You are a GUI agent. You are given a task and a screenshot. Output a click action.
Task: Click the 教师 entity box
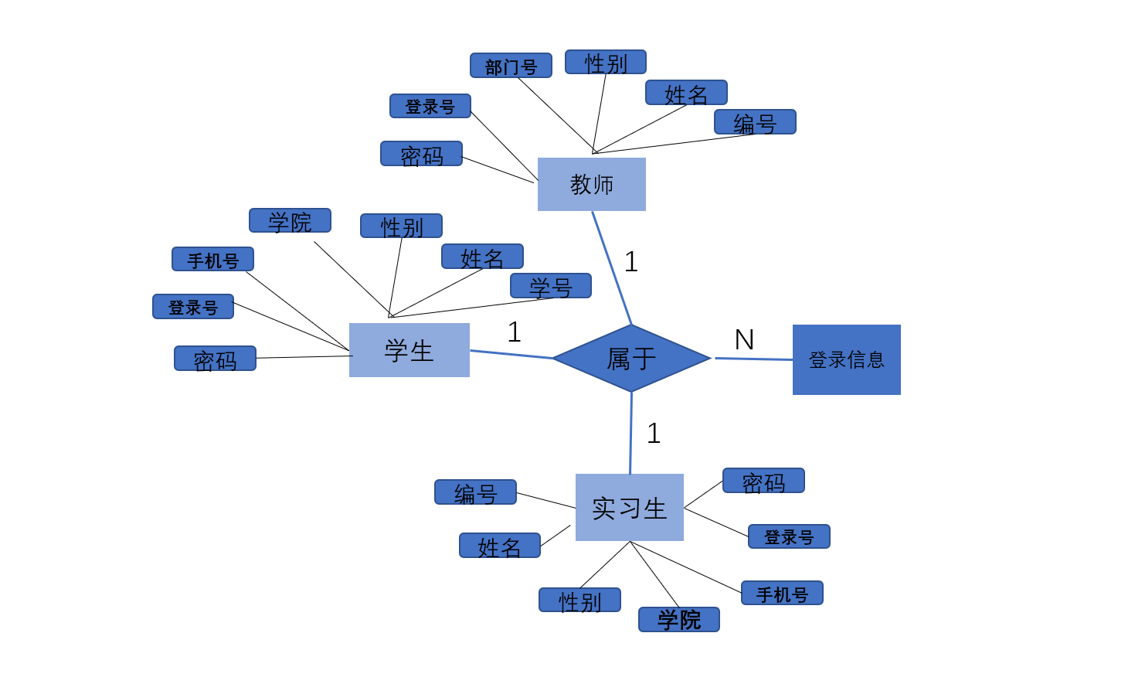pyautogui.click(x=591, y=184)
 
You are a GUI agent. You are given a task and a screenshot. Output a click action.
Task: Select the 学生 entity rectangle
pyautogui.click(x=409, y=350)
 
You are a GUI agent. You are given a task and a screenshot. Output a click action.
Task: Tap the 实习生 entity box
pyautogui.click(x=629, y=507)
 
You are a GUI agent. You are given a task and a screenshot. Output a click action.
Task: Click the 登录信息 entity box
pyautogui.click(x=846, y=359)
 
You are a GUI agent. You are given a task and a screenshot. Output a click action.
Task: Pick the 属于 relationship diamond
pyautogui.click(x=631, y=358)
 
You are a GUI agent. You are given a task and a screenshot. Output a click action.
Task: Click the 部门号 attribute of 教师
pyautogui.click(x=511, y=66)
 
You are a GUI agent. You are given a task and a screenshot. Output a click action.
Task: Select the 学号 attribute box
pyautogui.click(x=550, y=286)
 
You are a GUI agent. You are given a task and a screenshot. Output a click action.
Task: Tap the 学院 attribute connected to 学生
pyautogui.click(x=290, y=221)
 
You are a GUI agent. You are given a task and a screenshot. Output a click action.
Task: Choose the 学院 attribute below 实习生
pyautogui.click(x=678, y=619)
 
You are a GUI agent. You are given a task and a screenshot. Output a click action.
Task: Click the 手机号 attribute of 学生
pyautogui.click(x=212, y=260)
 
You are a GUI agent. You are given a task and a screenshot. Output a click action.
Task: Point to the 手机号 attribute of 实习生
pyautogui.click(x=782, y=594)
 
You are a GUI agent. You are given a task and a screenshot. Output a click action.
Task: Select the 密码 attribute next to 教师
pyautogui.click(x=421, y=154)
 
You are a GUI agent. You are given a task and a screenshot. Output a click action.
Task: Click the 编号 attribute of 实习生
pyautogui.click(x=475, y=492)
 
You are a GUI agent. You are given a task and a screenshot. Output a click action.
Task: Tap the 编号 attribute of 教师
pyautogui.click(x=755, y=122)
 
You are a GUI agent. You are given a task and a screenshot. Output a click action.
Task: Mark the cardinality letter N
pyautogui.click(x=744, y=340)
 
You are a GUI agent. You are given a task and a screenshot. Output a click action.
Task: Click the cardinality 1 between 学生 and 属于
pyautogui.click(x=515, y=332)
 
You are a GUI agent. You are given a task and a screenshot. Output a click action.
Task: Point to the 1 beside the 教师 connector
pyautogui.click(x=631, y=262)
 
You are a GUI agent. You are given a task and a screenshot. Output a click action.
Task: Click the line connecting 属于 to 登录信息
pyautogui.click(x=753, y=359)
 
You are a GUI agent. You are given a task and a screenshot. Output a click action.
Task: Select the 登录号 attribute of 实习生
pyautogui.click(x=789, y=536)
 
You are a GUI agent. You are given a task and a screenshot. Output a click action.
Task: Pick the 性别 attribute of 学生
pyautogui.click(x=401, y=226)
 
